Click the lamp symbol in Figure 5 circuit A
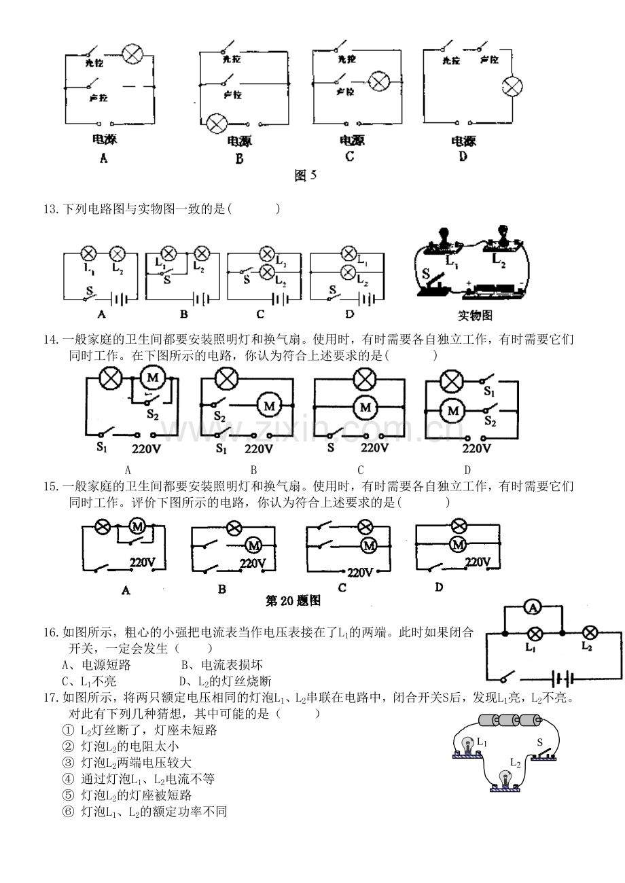pyautogui.click(x=130, y=55)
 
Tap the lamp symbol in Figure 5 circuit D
pyautogui.click(x=512, y=87)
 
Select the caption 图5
pyautogui.click(x=306, y=176)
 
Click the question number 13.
pyautogui.click(x=51, y=209)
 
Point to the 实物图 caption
pyautogui.click(x=476, y=315)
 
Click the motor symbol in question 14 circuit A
pyautogui.click(x=153, y=377)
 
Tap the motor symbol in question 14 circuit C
pyautogui.click(x=367, y=407)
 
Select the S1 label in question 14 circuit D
pyautogui.click(x=489, y=392)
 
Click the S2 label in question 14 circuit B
pyautogui.click(x=219, y=416)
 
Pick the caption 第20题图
pyautogui.click(x=293, y=600)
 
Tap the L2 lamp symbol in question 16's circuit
pyautogui.click(x=590, y=633)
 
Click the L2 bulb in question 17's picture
pyautogui.click(x=504, y=777)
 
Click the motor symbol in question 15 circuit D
pyautogui.click(x=458, y=544)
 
